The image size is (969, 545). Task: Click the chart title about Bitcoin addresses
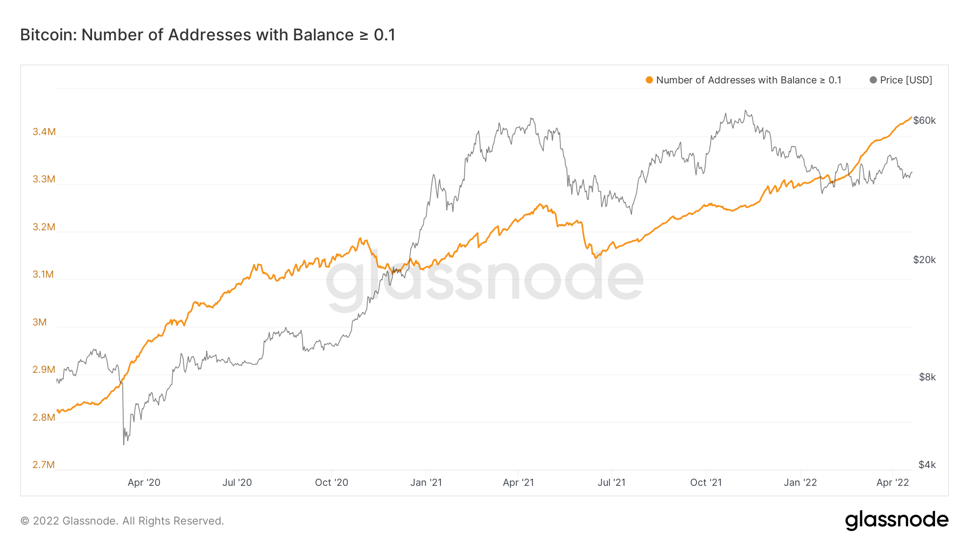[208, 35]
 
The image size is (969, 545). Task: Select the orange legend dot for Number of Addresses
[649, 80]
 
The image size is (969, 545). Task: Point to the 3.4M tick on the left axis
[44, 132]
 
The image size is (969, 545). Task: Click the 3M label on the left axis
[40, 322]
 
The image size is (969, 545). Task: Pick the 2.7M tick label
[44, 465]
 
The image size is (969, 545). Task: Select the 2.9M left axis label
[44, 370]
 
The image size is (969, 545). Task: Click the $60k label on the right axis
[924, 121]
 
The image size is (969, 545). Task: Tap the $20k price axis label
[924, 260]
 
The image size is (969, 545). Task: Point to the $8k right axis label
[927, 377]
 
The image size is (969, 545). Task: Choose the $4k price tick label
[927, 465]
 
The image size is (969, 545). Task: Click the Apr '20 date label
[144, 483]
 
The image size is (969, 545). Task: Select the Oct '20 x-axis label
[332, 483]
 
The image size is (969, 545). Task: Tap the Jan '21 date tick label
[426, 483]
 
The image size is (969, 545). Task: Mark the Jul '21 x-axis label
[612, 483]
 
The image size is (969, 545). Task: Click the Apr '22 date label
[893, 483]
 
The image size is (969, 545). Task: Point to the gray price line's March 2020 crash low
[124, 444]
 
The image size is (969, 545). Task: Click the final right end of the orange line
[911, 117]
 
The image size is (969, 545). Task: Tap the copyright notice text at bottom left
[122, 521]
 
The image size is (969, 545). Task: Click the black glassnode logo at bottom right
[896, 520]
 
